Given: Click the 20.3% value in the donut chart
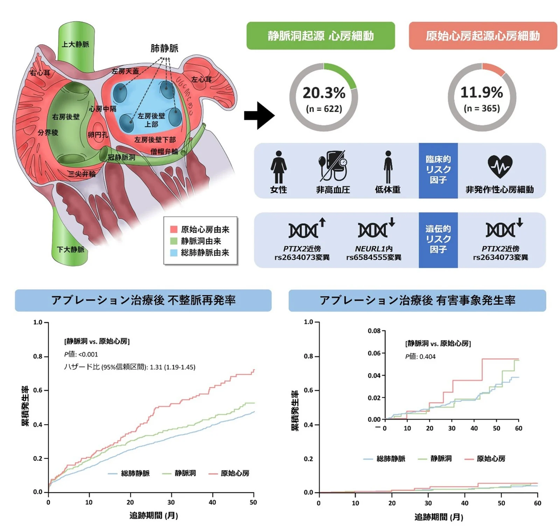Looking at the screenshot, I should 324,93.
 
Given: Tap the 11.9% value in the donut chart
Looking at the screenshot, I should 482,92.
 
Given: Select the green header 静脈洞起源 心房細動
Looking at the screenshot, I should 321,36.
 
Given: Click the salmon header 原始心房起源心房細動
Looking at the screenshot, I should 483,36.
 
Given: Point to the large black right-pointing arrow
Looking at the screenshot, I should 259,115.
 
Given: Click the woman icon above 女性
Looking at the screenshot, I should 279,167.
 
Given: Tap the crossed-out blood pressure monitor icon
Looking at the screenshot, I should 333,166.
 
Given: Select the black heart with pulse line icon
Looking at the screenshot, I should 500,166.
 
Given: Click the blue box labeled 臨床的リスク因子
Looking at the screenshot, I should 438,170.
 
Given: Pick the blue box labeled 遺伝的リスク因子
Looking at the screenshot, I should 438,240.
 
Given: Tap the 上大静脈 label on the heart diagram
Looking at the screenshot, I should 75,44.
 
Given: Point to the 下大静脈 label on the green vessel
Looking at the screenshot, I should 71,249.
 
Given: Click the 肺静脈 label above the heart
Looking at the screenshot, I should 164,48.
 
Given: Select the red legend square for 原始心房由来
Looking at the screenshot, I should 174,229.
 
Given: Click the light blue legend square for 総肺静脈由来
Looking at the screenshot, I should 174,253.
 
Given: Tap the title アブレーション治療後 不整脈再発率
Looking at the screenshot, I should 143,300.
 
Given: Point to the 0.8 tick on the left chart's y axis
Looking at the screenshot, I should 38,357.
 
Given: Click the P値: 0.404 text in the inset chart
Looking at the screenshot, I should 420,357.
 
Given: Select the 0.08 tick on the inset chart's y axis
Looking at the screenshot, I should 374,331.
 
